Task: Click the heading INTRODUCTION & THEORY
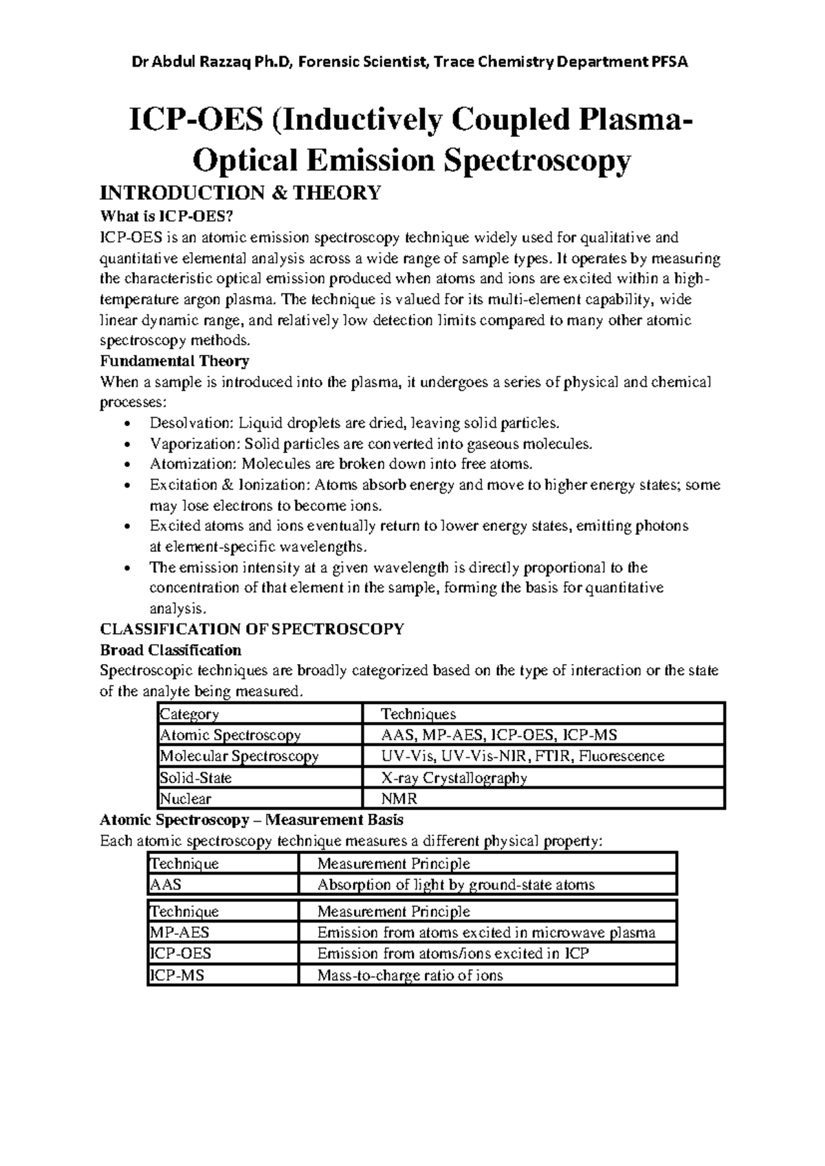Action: point(240,193)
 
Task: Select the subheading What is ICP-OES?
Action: point(162,217)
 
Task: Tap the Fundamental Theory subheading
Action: point(175,361)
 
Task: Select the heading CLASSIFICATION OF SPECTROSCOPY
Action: point(252,629)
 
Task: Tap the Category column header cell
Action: point(189,714)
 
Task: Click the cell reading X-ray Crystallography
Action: point(454,778)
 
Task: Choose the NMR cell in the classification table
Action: point(399,799)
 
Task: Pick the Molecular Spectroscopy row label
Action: point(239,756)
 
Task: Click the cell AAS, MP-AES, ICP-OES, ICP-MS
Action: point(499,735)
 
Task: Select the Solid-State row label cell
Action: point(196,778)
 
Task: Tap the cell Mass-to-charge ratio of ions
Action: point(410,976)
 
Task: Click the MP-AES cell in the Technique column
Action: point(179,933)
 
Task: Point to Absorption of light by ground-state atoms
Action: point(456,885)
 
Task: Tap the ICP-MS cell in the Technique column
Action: point(177,976)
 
